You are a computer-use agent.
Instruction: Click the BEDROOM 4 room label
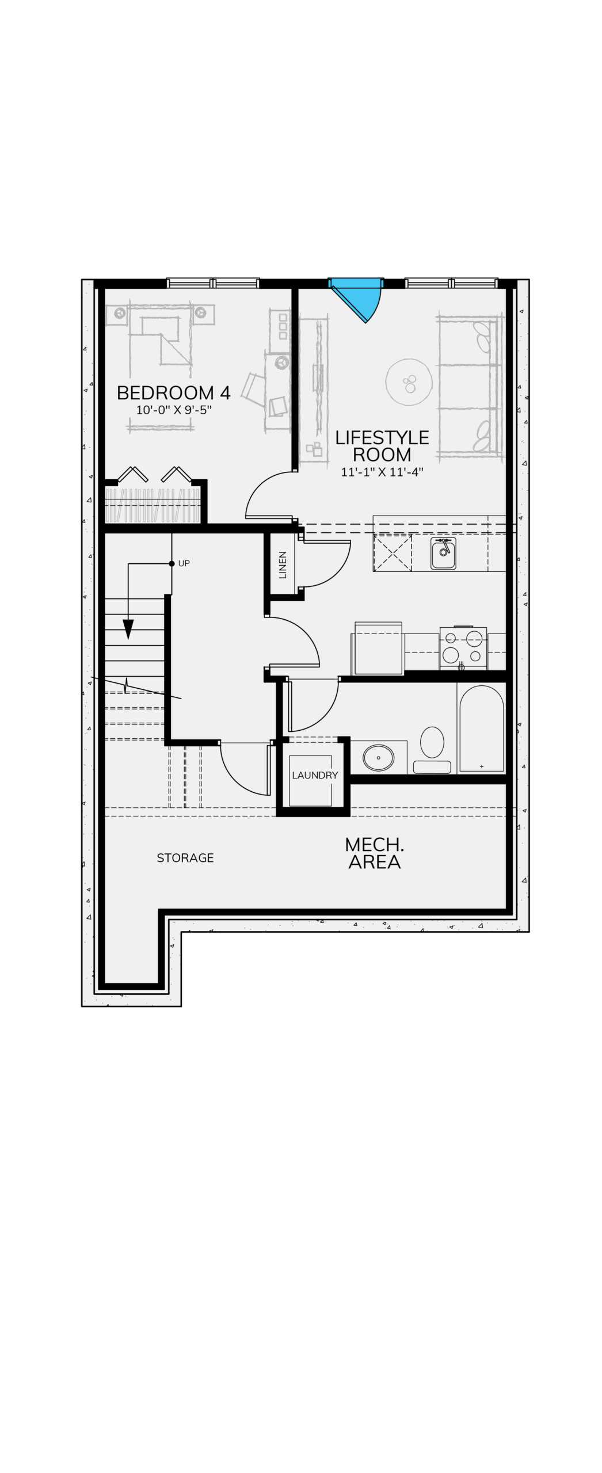[x=173, y=392]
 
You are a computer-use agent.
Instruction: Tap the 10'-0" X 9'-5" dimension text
[x=174, y=410]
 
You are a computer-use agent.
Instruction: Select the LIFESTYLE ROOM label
[x=382, y=446]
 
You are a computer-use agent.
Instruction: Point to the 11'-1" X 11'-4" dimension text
[x=382, y=472]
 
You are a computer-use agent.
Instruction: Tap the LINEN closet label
[x=283, y=564]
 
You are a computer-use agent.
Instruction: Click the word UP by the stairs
[x=184, y=563]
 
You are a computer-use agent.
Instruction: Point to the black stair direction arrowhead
[x=128, y=629]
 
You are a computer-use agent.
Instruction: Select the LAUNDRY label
[x=315, y=775]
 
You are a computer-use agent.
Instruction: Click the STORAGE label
[x=185, y=858]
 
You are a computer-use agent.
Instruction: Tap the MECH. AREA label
[x=375, y=853]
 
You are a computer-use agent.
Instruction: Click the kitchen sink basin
[x=443, y=554]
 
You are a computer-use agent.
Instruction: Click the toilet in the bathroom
[x=432, y=750]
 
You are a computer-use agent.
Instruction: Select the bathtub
[x=482, y=728]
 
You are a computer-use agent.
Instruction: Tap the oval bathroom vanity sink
[x=378, y=758]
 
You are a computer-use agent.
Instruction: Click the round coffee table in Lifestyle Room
[x=409, y=381]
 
